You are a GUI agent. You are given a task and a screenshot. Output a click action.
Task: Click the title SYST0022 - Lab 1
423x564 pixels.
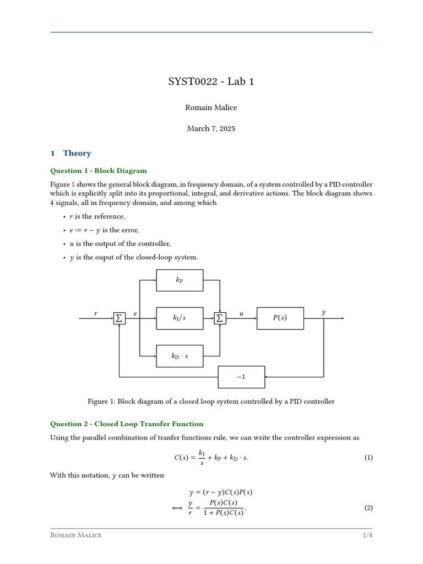click(211, 82)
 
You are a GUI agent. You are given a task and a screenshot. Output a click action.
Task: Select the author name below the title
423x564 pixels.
click(211, 107)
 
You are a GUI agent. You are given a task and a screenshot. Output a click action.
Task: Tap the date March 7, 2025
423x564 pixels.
click(211, 128)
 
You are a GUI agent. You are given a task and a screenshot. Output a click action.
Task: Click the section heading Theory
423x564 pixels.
click(77, 153)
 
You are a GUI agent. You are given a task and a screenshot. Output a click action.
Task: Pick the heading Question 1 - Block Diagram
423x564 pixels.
click(99, 171)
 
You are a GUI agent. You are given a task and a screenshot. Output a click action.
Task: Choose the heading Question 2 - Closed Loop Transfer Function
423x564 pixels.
click(127, 424)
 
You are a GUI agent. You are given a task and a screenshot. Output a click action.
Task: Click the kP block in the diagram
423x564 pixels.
click(180, 280)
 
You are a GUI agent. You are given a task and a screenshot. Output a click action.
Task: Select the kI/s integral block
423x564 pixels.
click(180, 318)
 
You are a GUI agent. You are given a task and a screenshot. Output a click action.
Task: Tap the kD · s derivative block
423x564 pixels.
click(180, 356)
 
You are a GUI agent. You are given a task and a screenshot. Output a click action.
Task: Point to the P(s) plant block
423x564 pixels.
click(280, 318)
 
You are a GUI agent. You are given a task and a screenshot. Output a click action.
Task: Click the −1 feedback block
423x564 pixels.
click(241, 377)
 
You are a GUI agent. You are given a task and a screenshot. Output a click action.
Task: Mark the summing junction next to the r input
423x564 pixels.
click(119, 318)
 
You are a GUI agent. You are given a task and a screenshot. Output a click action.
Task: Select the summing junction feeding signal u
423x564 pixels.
click(220, 318)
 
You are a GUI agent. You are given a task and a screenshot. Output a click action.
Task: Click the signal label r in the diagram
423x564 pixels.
click(96, 314)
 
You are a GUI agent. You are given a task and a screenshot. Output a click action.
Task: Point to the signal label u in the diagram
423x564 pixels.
click(241, 314)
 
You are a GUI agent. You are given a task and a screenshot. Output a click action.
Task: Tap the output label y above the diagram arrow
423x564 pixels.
click(323, 313)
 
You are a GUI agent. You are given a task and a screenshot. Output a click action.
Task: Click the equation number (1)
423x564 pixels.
click(368, 458)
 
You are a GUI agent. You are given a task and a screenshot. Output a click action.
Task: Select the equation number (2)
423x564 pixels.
click(368, 508)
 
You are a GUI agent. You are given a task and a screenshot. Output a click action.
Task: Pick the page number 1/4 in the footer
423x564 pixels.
click(367, 535)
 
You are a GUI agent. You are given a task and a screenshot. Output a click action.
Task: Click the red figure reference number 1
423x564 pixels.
click(73, 184)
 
